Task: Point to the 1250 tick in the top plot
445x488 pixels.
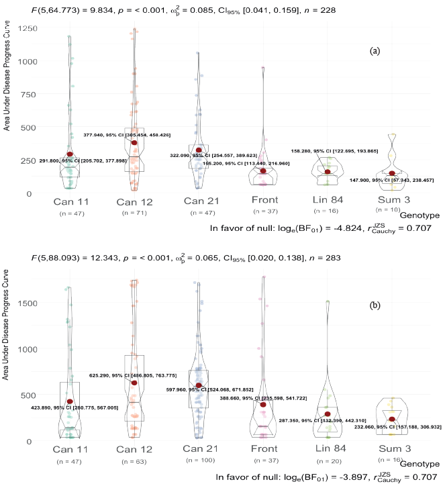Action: click(x=28, y=28)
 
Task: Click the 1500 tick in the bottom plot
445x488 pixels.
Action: click(x=28, y=303)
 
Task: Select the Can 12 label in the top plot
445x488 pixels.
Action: click(x=135, y=201)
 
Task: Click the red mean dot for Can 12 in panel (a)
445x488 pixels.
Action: click(x=134, y=142)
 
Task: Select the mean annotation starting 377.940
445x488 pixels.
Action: click(x=127, y=135)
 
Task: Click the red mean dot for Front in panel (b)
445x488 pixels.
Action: click(x=263, y=405)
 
